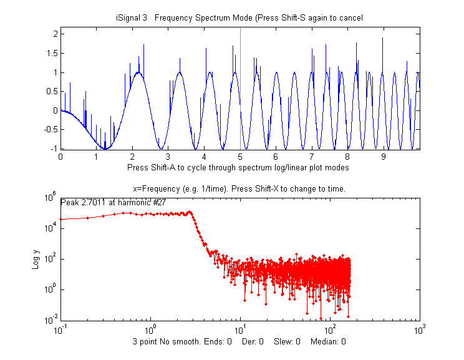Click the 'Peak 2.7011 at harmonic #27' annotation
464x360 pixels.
click(x=113, y=202)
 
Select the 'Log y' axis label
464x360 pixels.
click(x=36, y=258)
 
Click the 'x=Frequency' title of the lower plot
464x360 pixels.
click(x=239, y=189)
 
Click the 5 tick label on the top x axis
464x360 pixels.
click(x=240, y=157)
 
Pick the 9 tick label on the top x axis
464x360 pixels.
click(x=384, y=157)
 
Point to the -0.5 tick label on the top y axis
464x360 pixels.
click(x=49, y=130)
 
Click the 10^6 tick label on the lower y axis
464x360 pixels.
click(x=51, y=198)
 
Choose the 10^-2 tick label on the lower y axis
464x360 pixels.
click(x=50, y=320)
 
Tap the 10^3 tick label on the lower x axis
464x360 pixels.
click(x=419, y=329)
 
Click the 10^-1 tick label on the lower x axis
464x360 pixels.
click(x=60, y=329)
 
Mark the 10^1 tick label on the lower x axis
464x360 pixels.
click(x=240, y=329)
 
